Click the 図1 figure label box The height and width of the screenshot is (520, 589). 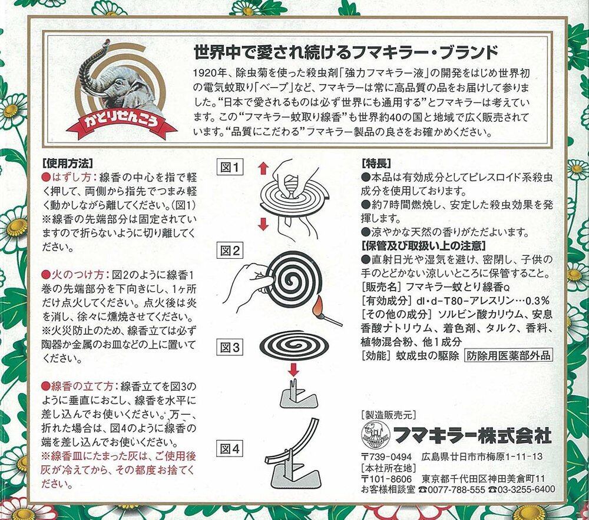pos(230,167)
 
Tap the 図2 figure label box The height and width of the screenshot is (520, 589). pos(230,250)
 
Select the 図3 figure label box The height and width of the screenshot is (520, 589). pos(230,348)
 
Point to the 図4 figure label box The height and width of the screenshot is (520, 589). pos(230,448)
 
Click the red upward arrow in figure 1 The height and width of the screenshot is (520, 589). pos(263,168)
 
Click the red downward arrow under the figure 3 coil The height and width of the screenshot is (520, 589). pos(293,369)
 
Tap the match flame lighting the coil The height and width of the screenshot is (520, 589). pos(319,303)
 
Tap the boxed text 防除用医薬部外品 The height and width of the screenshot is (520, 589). pos(509,355)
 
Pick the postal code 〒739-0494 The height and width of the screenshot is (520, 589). pos(386,457)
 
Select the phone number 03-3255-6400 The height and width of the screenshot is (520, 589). pos(522,489)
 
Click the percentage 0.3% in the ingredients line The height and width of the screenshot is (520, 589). pos(537,301)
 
